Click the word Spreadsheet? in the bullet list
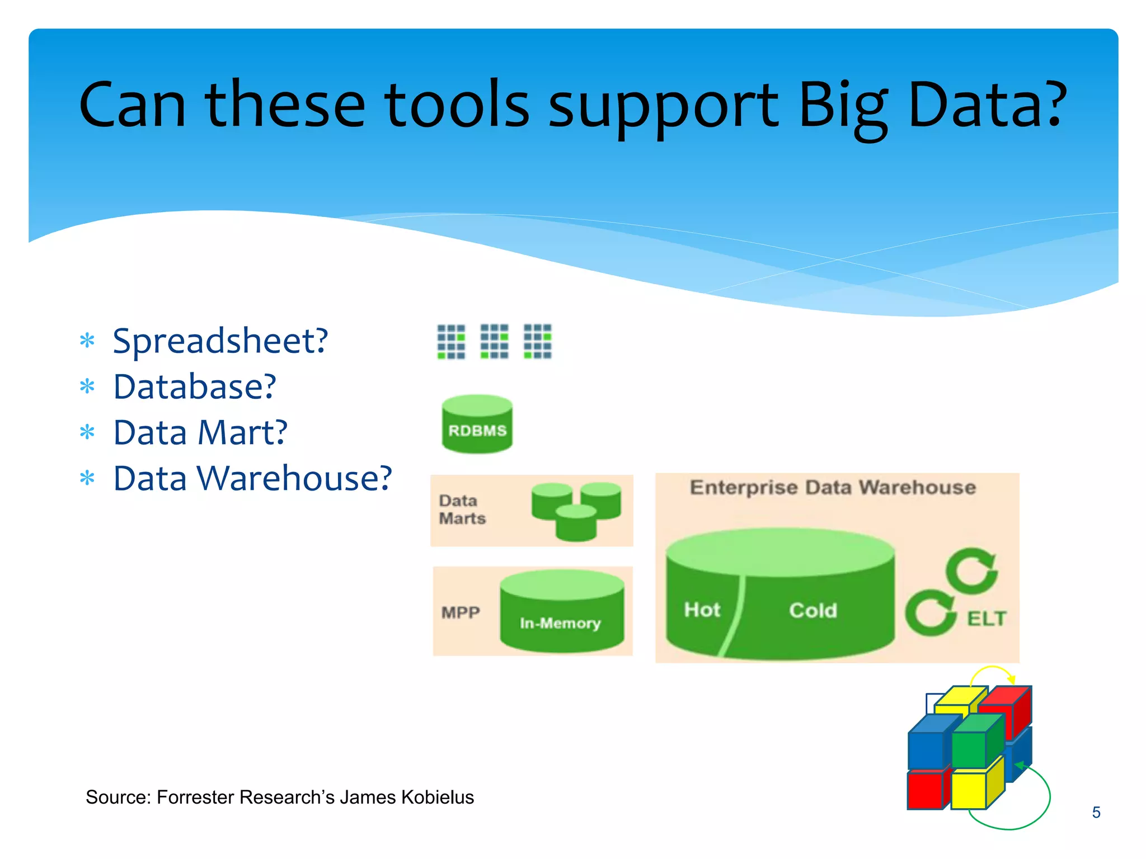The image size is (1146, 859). click(x=220, y=341)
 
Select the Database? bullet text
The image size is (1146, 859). click(x=195, y=387)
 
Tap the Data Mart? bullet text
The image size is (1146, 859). click(x=200, y=433)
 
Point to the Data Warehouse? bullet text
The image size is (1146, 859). click(x=252, y=479)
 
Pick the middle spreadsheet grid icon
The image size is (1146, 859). click(x=494, y=341)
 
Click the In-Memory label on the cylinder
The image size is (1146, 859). click(x=560, y=623)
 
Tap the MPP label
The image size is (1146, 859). click(x=461, y=612)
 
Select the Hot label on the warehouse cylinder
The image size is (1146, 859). click(x=702, y=610)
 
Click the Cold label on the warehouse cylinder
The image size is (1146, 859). click(x=813, y=610)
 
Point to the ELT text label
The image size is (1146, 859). click(x=987, y=619)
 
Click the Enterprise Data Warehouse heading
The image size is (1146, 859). click(x=833, y=488)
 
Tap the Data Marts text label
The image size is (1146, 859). click(x=462, y=509)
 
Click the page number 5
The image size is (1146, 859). click(x=1096, y=812)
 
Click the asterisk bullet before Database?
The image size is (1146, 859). click(x=87, y=386)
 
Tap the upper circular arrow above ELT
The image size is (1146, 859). click(x=971, y=570)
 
